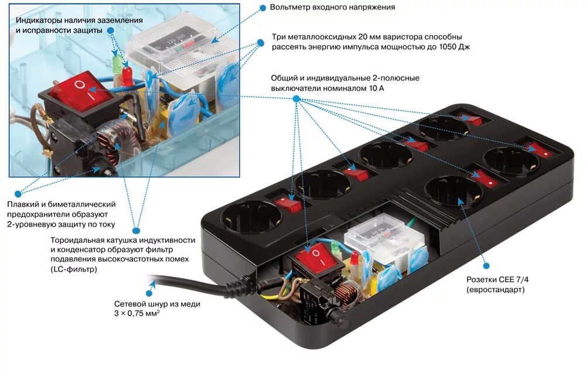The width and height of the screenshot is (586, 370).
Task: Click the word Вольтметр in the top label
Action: click(291, 8)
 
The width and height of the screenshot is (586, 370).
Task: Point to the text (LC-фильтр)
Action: click(74, 270)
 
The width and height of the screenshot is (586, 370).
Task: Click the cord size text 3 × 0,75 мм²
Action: click(138, 313)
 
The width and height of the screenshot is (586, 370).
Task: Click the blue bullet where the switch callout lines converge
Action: click(297, 100)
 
